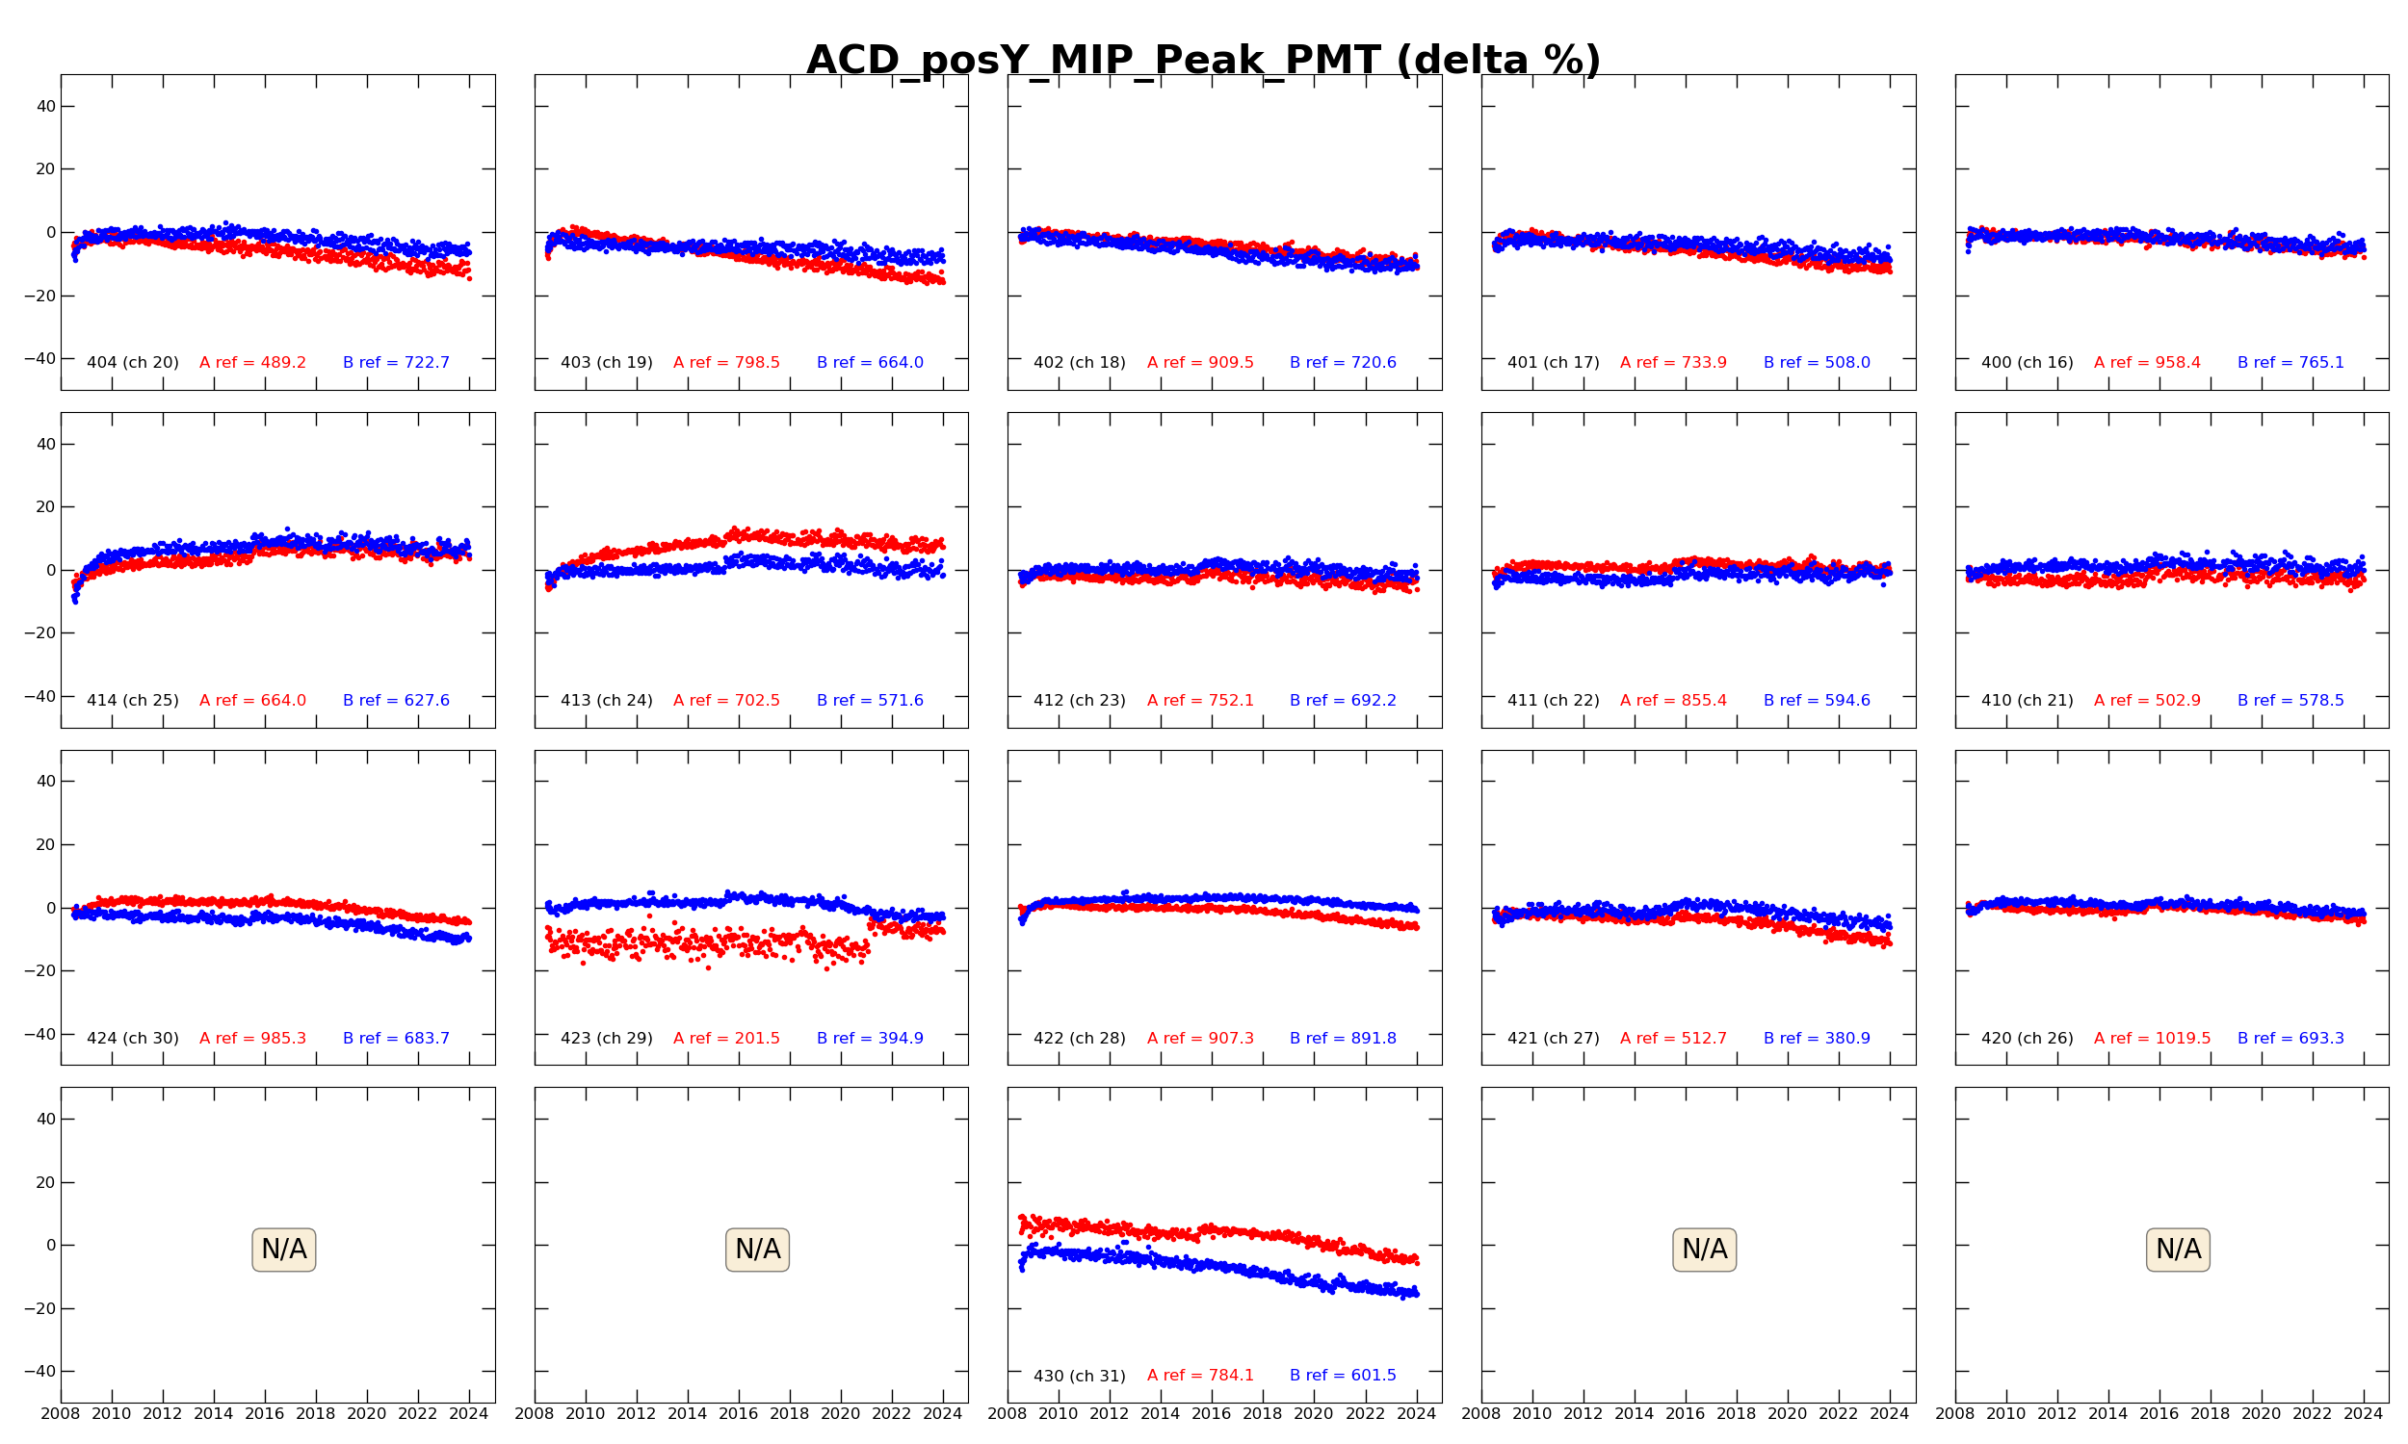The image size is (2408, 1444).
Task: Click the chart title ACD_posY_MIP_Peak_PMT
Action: point(1203,61)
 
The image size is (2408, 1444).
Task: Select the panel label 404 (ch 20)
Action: point(132,363)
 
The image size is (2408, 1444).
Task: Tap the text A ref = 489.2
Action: point(252,363)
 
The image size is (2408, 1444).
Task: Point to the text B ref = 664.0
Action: point(869,363)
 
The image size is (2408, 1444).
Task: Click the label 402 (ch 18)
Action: point(1080,363)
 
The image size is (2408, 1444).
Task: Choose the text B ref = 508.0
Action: point(1817,363)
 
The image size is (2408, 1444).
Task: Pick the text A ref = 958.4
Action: point(2146,363)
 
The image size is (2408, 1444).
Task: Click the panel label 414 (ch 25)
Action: point(132,701)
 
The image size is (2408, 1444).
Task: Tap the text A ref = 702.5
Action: point(726,701)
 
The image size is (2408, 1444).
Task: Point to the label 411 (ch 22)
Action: point(1554,701)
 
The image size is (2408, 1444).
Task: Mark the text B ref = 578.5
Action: point(2290,701)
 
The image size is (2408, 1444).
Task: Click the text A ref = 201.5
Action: point(726,1039)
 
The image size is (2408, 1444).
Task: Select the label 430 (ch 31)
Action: point(1080,1376)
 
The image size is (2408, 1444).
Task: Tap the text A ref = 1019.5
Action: point(2151,1039)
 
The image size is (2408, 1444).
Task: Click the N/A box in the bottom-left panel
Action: point(283,1250)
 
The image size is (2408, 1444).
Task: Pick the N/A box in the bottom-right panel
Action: point(2178,1250)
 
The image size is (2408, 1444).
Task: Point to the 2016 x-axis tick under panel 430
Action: point(1211,1414)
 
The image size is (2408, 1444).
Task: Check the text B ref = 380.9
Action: point(1817,1039)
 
